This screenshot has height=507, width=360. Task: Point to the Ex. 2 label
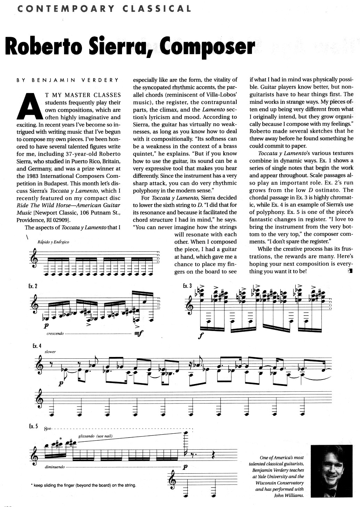coord(33,286)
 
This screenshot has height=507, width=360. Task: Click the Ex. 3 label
coord(187,286)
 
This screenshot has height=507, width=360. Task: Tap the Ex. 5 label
coord(33,426)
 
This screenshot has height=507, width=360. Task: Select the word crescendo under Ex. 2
coord(55,333)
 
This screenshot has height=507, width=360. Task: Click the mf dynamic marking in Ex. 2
coord(138,333)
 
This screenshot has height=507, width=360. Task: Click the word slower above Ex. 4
coord(50,351)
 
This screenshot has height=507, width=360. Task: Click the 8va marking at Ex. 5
coord(48,429)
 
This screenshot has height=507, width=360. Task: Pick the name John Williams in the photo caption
coord(289,496)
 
